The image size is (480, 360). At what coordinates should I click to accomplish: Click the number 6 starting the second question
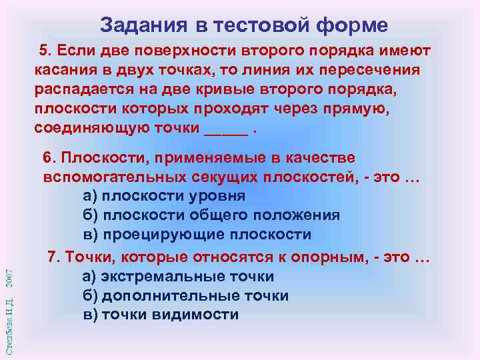[x=47, y=157]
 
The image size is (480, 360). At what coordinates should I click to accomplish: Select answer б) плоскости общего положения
[x=211, y=215]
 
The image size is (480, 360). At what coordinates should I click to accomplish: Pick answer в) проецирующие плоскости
[x=197, y=235]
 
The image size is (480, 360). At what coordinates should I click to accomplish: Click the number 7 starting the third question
[x=51, y=257]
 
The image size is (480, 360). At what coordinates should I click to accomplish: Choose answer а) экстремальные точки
[x=178, y=276]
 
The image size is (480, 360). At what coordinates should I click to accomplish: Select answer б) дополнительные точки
[x=185, y=295]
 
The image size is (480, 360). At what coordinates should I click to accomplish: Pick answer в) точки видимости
[x=160, y=315]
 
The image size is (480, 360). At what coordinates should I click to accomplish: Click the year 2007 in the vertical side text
[x=8, y=280]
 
